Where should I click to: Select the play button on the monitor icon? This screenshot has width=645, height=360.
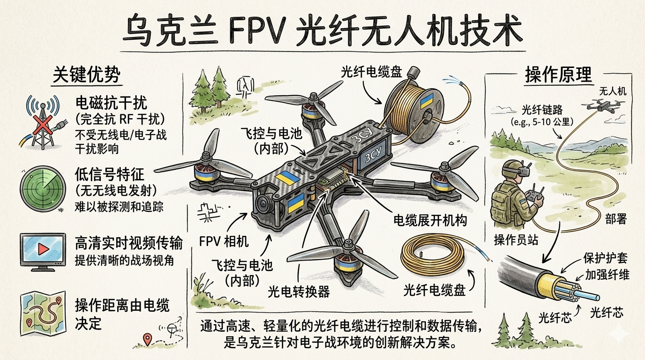tap(43, 248)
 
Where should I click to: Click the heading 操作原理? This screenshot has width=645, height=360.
tap(558, 75)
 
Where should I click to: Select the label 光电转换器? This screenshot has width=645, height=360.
tap(299, 292)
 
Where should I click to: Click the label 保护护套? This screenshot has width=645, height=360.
tap(605, 259)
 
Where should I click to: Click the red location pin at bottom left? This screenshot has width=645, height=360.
tap(149, 339)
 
